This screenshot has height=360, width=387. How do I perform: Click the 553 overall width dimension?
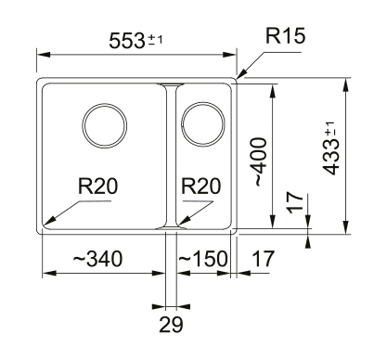pos(127,41)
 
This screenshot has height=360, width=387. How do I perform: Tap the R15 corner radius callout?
pos(285,36)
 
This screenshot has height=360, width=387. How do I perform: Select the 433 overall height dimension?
pos(330,157)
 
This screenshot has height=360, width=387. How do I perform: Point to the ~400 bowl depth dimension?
pos(260,162)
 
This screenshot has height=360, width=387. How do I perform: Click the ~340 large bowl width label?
pos(97,259)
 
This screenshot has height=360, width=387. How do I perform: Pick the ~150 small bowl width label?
pos(203,259)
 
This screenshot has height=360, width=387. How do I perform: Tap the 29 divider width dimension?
pos(171,325)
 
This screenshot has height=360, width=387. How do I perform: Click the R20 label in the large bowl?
pos(97,186)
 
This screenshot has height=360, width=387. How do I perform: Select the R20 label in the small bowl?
pos(201,186)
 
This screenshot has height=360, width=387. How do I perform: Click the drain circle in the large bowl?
pos(105,104)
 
